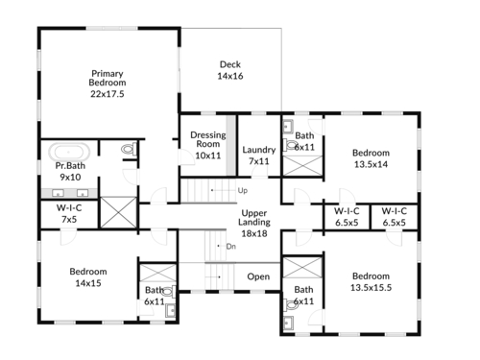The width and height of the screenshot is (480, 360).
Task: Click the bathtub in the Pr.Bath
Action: (69, 152)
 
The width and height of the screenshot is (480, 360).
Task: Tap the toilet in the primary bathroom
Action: (129, 149)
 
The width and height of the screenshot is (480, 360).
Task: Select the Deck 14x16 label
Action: (230, 70)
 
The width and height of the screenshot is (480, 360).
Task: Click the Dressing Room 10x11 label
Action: (208, 145)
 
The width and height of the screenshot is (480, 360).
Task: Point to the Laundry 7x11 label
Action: (259, 156)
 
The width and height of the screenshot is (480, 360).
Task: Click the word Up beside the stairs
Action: (243, 190)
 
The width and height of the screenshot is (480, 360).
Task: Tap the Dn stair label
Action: (231, 246)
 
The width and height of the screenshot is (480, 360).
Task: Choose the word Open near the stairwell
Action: (258, 276)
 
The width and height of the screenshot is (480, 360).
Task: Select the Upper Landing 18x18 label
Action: (254, 223)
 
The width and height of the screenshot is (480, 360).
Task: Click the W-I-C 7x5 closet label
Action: (69, 213)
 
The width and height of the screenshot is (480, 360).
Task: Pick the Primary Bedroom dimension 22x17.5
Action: (108, 94)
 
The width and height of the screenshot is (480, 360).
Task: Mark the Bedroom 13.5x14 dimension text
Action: (371, 164)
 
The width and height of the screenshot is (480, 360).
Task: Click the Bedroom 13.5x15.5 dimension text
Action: (371, 287)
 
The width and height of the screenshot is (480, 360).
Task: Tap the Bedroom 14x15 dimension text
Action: (88, 283)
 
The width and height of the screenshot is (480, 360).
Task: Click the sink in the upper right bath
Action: (288, 127)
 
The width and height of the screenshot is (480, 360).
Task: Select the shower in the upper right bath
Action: (302, 165)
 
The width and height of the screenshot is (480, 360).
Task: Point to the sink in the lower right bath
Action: (288, 324)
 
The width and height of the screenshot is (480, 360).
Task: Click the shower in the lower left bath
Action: (158, 273)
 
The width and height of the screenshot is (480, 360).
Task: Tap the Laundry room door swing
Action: (259, 172)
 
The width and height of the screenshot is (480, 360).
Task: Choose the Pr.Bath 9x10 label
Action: (70, 171)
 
